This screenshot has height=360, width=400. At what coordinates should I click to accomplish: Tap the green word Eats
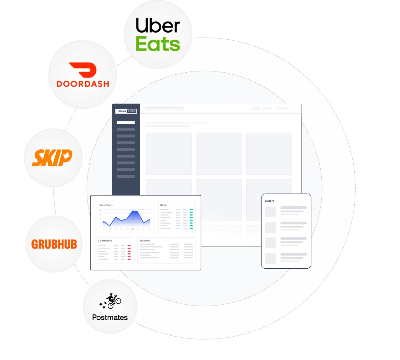[x=158, y=44]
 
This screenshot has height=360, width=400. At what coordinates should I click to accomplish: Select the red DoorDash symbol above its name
[x=83, y=70]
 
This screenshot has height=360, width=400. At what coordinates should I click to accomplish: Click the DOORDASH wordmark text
[x=83, y=84]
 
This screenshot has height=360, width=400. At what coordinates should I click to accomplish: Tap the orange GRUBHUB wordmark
[x=54, y=244]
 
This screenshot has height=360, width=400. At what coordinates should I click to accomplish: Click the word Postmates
[x=110, y=318]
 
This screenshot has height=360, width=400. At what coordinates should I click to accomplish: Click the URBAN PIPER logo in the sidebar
[x=126, y=111]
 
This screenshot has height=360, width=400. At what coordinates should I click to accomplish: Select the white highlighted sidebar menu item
[x=126, y=122]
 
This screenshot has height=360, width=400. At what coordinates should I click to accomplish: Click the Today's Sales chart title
[x=106, y=205]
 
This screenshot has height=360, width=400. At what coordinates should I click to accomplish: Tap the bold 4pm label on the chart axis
[x=133, y=229]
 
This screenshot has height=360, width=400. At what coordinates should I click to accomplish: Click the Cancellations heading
[x=105, y=241]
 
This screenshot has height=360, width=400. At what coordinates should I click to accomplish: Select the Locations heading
[x=145, y=241]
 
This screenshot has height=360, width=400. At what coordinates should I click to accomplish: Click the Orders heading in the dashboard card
[x=164, y=205]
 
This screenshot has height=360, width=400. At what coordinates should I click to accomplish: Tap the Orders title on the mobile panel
[x=269, y=201]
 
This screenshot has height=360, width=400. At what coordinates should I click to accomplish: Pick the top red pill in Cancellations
[x=129, y=245]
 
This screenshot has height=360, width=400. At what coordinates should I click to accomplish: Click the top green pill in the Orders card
[x=191, y=210]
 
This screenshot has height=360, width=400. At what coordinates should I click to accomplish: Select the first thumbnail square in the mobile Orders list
[x=271, y=212]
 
